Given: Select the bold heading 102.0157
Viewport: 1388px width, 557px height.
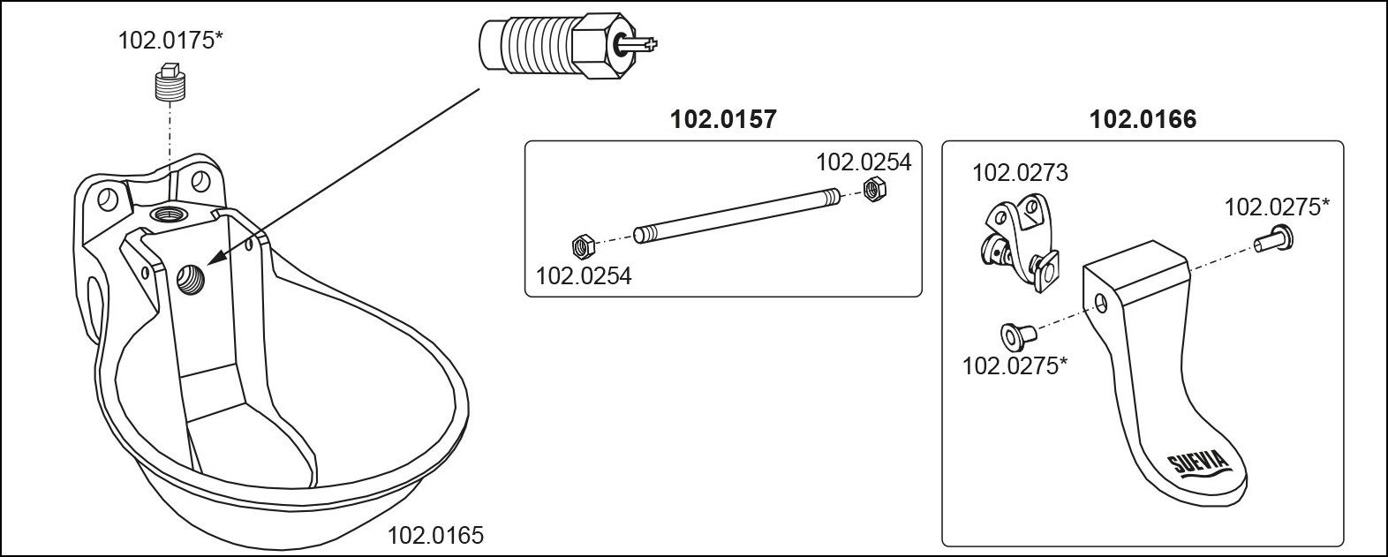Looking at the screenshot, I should click(724, 119).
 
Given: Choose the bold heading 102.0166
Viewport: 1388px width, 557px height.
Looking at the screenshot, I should click(1143, 119).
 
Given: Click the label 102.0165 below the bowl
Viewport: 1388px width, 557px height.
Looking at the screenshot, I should click(436, 535).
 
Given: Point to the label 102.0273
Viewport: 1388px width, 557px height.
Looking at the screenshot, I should click(1020, 172).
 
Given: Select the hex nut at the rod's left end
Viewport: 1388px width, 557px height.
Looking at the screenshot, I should click(582, 245).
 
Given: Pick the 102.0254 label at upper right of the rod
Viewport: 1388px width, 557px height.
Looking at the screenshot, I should click(863, 162).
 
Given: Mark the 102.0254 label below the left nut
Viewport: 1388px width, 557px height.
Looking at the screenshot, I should click(584, 275).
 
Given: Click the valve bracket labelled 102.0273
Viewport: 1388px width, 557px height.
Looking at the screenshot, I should click(1020, 237).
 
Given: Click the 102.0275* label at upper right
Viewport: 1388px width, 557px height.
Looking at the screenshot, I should click(1277, 207).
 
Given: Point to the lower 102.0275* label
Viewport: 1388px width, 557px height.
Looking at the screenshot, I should click(1015, 365).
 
